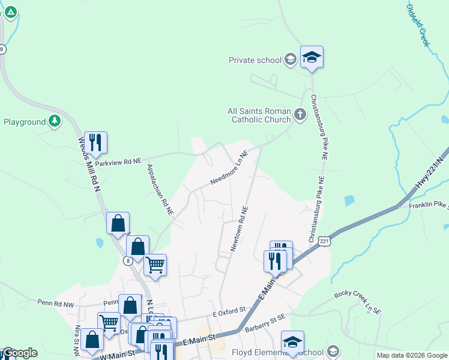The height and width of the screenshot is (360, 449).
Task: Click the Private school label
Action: [x=255, y=59]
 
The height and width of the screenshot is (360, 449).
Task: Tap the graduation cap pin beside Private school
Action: [x=312, y=58]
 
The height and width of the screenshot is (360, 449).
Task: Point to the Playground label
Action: [x=25, y=122]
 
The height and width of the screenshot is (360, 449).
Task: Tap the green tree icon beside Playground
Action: [x=55, y=121]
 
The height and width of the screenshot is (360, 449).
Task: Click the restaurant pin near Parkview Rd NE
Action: [x=95, y=143]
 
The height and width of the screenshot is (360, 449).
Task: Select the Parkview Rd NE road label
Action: [x=118, y=162]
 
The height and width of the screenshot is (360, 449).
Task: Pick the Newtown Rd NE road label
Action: [x=238, y=229]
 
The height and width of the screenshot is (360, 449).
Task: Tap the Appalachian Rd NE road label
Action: [x=160, y=190]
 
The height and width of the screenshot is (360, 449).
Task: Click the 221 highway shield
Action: [x=324, y=241]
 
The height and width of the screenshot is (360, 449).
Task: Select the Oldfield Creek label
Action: [x=418, y=26]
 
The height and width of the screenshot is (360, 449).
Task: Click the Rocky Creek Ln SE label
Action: [x=357, y=302]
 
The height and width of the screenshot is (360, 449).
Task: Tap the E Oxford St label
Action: [x=229, y=313]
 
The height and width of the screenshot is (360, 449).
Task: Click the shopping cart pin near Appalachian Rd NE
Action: [x=155, y=265]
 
